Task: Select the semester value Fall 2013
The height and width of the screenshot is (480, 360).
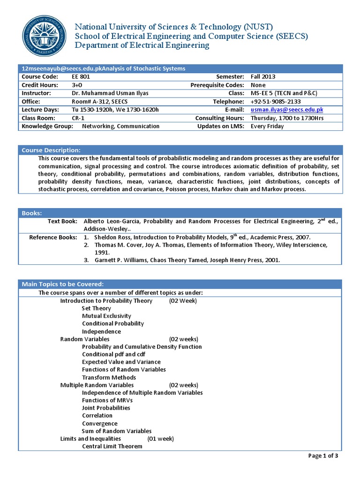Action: coord(263,76)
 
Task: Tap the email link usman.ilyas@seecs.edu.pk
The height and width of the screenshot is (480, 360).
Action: coord(287,110)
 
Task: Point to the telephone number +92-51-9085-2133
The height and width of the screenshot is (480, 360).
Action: coord(276,101)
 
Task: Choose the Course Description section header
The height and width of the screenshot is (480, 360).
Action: coord(51,150)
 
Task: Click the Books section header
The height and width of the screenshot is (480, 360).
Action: coord(32,213)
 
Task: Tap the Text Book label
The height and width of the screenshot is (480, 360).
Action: coord(63,221)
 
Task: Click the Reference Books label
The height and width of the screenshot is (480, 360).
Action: coord(53,237)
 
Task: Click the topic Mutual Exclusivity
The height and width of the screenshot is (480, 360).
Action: coord(106,316)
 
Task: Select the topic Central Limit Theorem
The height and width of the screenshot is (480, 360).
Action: coord(112,446)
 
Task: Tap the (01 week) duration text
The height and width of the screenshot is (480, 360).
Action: coord(160,438)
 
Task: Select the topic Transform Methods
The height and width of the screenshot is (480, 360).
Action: coord(109,377)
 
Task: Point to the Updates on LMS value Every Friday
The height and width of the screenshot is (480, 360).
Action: coord(267,126)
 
